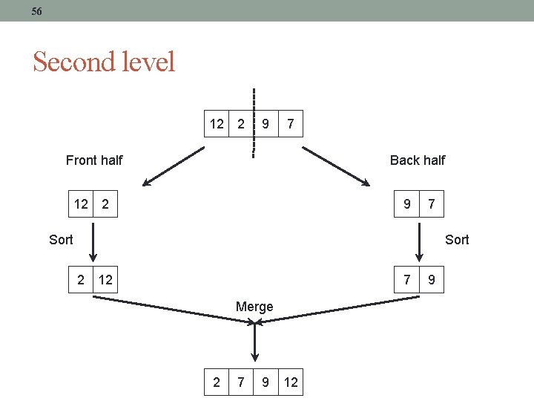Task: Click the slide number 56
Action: pyautogui.click(x=37, y=11)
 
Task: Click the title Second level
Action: pyautogui.click(x=104, y=62)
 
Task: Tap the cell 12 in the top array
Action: pyautogui.click(x=217, y=124)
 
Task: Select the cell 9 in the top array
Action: pyautogui.click(x=266, y=124)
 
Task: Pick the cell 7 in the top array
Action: pyautogui.click(x=291, y=124)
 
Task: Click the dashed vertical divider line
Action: pyautogui.click(x=253, y=123)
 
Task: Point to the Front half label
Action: pyautogui.click(x=94, y=160)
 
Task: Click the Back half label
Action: pyautogui.click(x=418, y=160)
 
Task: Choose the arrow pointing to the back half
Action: pyautogui.click(x=336, y=166)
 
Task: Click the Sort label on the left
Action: pyautogui.click(x=61, y=239)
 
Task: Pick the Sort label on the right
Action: pyautogui.click(x=457, y=239)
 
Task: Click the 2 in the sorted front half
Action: pyautogui.click(x=81, y=280)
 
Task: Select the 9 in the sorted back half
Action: pyautogui.click(x=432, y=280)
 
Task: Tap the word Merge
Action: pyautogui.click(x=254, y=307)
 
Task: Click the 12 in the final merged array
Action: pyautogui.click(x=291, y=382)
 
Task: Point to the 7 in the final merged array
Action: pyautogui.click(x=240, y=382)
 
